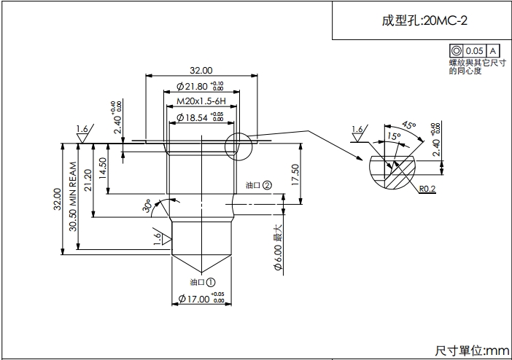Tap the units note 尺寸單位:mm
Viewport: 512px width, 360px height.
click(472, 351)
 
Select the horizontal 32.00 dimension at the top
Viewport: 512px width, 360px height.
click(201, 71)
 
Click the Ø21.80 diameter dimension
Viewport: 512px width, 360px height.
click(195, 87)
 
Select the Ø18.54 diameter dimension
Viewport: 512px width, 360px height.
click(195, 117)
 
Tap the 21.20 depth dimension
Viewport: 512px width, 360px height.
click(88, 180)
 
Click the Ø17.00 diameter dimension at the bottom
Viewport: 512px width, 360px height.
click(201, 299)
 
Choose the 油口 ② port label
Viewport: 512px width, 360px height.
click(258, 185)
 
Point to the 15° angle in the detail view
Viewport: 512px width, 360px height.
click(394, 136)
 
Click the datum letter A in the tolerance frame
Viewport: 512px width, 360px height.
click(493, 51)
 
